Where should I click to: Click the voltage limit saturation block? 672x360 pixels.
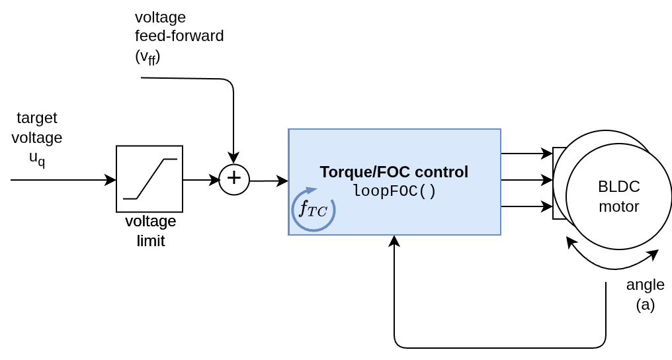[149, 179]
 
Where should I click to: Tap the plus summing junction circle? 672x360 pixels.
[234, 179]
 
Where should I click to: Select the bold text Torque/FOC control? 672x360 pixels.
[394, 172]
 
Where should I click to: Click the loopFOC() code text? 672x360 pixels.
[394, 191]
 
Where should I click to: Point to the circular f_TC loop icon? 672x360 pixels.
[314, 210]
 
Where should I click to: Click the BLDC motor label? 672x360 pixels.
[618, 197]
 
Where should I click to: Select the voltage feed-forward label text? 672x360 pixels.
[179, 36]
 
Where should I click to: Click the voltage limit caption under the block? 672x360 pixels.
[151, 230]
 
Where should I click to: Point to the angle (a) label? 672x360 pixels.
[645, 294]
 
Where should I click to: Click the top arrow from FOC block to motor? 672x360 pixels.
[526, 154]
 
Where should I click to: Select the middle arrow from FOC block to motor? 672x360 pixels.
[526, 180]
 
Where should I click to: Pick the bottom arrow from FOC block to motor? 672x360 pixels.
[526, 206]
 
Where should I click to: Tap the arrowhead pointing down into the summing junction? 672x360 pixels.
[233, 159]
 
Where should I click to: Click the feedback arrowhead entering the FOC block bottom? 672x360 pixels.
[394, 241]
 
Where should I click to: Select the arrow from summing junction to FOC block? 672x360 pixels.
[269, 181]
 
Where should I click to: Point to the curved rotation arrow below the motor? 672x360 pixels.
[612, 264]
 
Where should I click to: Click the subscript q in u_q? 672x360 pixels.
[42, 161]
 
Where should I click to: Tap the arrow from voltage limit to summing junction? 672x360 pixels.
[200, 180]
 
